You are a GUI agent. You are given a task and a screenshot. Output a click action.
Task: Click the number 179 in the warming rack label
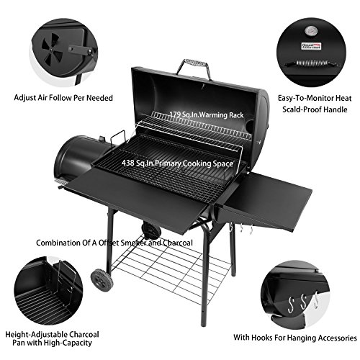click(178, 114)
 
